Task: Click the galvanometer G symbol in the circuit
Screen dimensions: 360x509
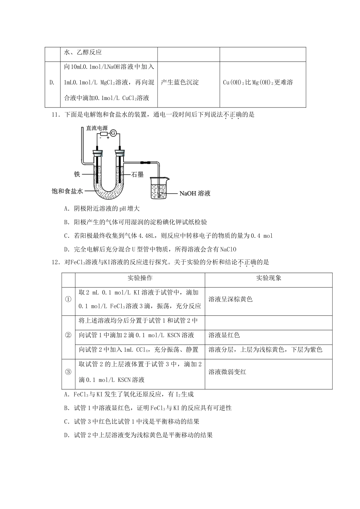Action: tap(113, 132)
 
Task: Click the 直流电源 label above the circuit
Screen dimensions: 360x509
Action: tap(97, 128)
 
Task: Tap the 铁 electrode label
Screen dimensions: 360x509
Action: tap(77, 174)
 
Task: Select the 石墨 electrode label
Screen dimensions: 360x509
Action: tap(137, 175)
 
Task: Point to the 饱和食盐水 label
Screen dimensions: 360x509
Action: tap(67, 191)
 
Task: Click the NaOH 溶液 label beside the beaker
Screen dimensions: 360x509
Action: tap(195, 194)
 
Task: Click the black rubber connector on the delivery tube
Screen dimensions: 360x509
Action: tap(145, 163)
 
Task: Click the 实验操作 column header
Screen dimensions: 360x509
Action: tap(140, 278)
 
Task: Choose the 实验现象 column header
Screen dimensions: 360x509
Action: tap(268, 278)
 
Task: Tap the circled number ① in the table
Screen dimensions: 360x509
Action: tap(68, 299)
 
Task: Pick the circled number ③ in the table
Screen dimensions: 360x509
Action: tap(68, 372)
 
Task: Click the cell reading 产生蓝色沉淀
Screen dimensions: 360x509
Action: tap(180, 83)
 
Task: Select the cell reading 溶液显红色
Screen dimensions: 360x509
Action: tap(224, 335)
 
